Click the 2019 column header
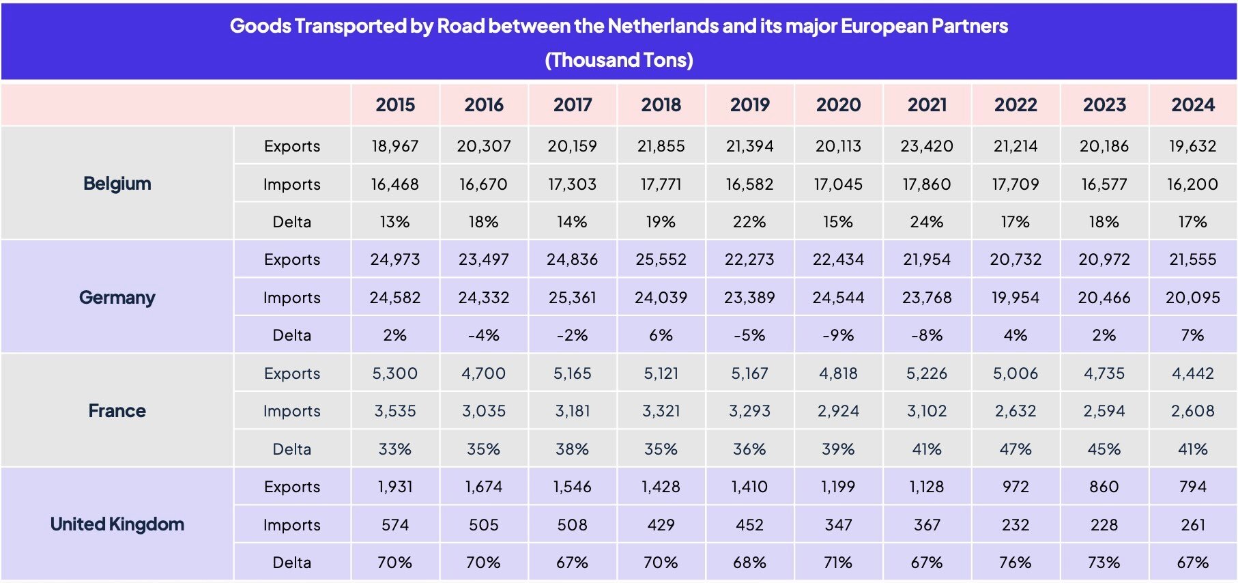tap(749, 104)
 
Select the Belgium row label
tap(117, 183)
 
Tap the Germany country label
tap(117, 297)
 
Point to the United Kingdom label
tap(117, 524)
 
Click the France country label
tap(117, 410)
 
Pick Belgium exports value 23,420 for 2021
tap(926, 146)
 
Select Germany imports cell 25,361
tap(572, 298)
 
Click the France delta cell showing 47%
tap(1015, 449)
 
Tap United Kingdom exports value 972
tap(1015, 487)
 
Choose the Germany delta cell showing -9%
tap(837, 335)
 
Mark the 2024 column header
tap(1192, 104)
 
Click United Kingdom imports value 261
tap(1192, 525)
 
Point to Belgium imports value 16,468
tap(394, 184)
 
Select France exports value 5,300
tap(394, 373)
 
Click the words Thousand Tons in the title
tap(619, 60)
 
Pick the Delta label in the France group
tap(291, 449)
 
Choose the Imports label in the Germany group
tap(291, 298)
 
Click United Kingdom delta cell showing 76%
tap(1015, 563)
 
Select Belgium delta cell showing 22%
tap(749, 222)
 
